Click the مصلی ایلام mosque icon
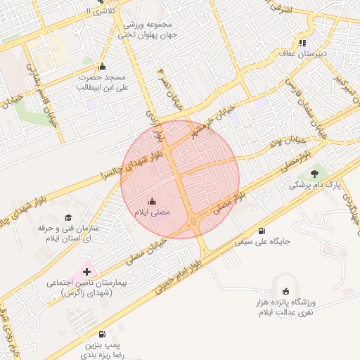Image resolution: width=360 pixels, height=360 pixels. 153,201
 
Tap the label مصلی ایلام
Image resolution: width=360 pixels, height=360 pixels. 153,212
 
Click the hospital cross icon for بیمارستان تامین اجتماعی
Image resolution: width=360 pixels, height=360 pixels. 87,271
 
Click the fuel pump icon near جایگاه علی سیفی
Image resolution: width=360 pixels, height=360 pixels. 262,231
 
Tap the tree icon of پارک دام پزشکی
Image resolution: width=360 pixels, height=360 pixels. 314,173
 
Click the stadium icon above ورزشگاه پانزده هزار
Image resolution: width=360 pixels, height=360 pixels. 285,291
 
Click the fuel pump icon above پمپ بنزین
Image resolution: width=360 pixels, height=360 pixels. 103,333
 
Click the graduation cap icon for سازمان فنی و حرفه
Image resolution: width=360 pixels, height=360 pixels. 68,218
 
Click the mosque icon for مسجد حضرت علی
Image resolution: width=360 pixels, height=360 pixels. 102,67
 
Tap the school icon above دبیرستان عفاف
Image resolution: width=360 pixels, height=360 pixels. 302,42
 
